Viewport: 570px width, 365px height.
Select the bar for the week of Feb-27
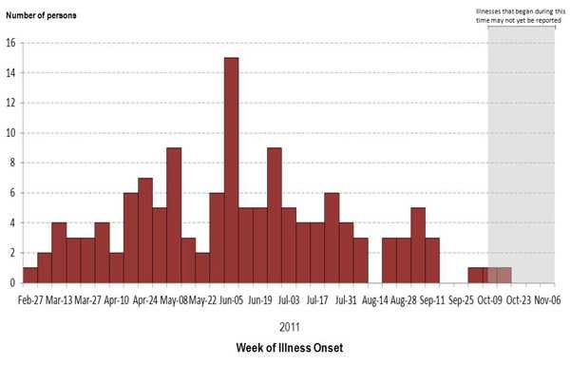[x=30, y=275]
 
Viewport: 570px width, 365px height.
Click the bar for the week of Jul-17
[x=332, y=238]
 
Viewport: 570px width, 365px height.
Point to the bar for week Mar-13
[x=59, y=253]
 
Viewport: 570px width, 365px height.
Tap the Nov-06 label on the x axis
[x=546, y=298]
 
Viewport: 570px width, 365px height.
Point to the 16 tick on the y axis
[x=9, y=43]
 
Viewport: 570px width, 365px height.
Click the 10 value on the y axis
[x=9, y=133]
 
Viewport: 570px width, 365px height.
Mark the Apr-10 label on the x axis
[x=116, y=298]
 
